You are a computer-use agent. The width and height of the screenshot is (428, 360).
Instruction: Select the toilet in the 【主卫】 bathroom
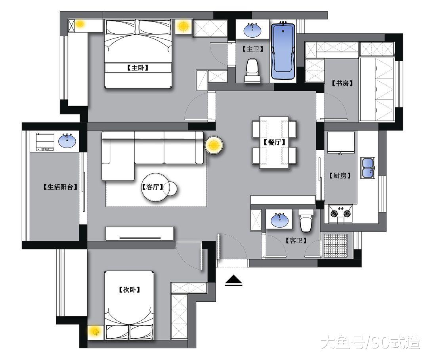click(x=252, y=70)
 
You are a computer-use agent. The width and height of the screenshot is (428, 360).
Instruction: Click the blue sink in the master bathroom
click(x=253, y=29)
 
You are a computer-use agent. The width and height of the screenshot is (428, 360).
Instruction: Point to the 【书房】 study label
click(x=342, y=84)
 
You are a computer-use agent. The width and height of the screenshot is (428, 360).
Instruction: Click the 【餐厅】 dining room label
click(x=274, y=142)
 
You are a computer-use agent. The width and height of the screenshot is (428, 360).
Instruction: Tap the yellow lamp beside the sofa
click(x=214, y=146)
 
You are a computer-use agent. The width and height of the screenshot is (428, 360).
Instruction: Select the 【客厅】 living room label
click(x=153, y=187)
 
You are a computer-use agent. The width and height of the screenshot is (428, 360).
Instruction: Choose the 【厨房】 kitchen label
click(x=340, y=175)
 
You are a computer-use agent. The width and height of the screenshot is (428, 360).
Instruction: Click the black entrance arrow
click(x=234, y=281)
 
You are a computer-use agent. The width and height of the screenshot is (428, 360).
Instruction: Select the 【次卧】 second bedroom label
click(x=129, y=290)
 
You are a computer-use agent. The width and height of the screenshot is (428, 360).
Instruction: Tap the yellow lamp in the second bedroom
click(x=95, y=332)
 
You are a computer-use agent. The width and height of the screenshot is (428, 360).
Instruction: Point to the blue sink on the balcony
click(x=68, y=140)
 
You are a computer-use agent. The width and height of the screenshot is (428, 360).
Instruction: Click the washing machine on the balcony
click(x=45, y=142)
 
